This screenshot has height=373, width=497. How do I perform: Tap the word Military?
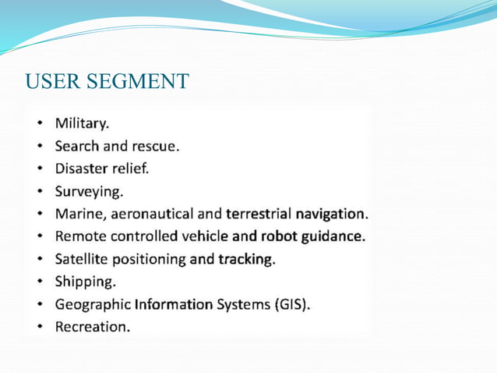[x=82, y=123]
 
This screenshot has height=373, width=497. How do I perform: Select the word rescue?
[x=156, y=146]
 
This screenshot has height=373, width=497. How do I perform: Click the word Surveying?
[x=88, y=191]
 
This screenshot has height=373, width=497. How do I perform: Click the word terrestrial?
[x=258, y=214]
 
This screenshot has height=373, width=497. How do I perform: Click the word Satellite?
[x=82, y=258]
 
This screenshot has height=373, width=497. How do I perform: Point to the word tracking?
[x=245, y=258]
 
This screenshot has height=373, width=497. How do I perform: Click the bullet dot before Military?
[x=39, y=123]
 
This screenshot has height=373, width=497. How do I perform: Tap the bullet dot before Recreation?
[x=39, y=326]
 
